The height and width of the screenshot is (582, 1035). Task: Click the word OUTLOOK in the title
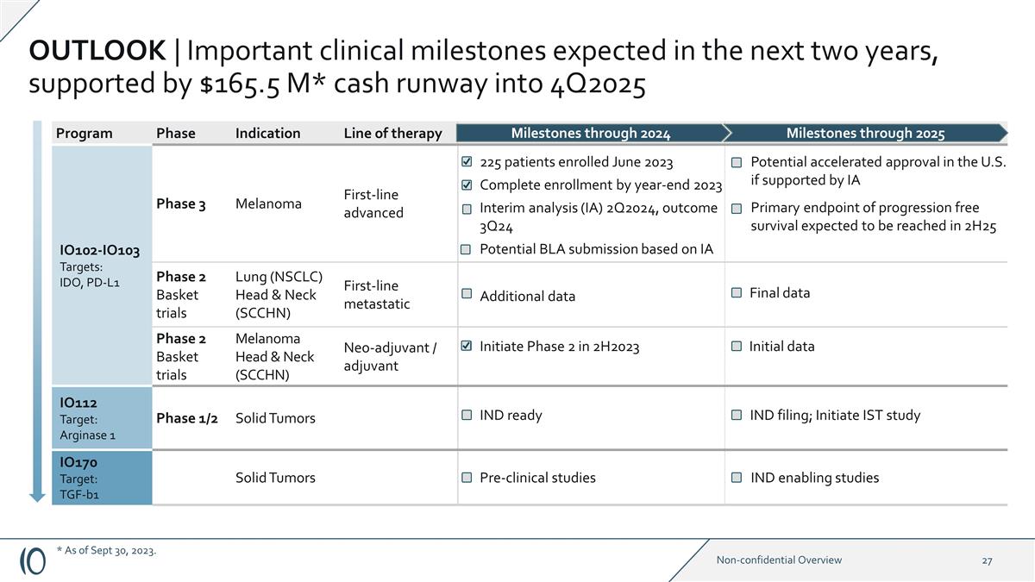point(97,51)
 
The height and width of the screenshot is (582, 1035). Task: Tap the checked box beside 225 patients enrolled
point(467,162)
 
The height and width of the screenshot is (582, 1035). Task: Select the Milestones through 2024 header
point(590,133)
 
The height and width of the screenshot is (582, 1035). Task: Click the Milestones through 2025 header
point(865,133)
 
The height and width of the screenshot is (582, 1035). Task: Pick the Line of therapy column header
point(392,133)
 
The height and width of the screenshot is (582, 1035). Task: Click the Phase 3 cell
point(180,203)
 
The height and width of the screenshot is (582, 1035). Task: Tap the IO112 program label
point(78,403)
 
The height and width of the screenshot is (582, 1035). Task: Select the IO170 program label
point(78,463)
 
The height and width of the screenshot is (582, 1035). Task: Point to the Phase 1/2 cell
point(186,418)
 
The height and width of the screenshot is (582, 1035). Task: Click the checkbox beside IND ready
point(467,416)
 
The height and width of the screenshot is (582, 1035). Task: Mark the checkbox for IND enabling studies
point(737,478)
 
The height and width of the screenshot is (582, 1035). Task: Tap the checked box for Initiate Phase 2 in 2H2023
point(467,347)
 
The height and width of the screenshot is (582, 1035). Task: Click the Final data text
point(780,292)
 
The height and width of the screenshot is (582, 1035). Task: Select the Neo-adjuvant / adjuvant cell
point(390,356)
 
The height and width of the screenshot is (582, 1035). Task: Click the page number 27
point(987,560)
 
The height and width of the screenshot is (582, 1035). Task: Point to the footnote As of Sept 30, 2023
point(106,550)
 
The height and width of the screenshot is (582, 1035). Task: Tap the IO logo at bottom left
point(33,560)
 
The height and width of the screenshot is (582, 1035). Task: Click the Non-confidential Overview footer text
point(779,560)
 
